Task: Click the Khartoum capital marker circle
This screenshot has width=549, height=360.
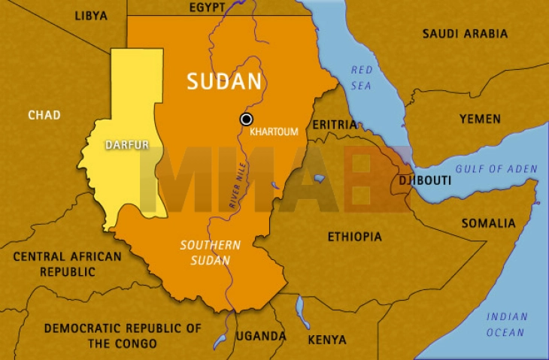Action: (x=246, y=119)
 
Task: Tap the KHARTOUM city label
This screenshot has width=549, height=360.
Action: (x=274, y=132)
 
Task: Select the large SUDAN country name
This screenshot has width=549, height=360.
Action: (x=224, y=82)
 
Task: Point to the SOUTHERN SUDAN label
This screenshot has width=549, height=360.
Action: (x=210, y=253)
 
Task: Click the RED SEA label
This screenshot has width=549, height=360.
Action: (x=361, y=77)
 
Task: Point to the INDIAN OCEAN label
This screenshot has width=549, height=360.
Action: (x=506, y=324)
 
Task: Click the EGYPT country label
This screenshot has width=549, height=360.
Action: (x=207, y=7)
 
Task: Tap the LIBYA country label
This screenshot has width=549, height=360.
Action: (x=91, y=15)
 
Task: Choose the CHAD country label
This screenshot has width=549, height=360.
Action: (x=44, y=115)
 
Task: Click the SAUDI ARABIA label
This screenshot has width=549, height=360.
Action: (x=464, y=34)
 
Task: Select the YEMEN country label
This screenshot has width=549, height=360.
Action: (x=480, y=119)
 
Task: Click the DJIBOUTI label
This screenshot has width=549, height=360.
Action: (x=425, y=181)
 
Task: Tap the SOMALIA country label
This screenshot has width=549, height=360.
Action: (x=488, y=223)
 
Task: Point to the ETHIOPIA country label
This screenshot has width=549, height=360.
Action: (x=354, y=237)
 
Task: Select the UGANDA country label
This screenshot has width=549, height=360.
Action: (x=261, y=336)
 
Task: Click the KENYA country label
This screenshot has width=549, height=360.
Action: (x=327, y=339)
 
